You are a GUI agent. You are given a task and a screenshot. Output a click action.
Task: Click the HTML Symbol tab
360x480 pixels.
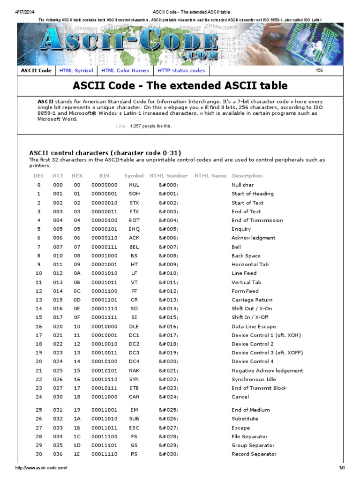point(76,71)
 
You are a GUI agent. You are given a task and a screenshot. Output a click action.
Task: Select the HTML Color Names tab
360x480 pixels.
point(125,71)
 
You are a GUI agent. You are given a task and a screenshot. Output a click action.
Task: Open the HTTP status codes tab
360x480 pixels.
point(181,71)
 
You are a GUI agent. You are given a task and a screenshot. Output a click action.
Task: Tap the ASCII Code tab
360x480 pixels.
point(36,71)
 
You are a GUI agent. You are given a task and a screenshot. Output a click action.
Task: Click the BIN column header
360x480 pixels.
point(104,176)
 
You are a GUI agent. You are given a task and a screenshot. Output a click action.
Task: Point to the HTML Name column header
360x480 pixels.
point(210,176)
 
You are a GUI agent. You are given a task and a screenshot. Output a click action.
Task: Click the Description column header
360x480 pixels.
point(247,176)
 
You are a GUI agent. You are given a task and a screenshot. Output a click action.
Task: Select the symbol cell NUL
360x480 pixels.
point(134,185)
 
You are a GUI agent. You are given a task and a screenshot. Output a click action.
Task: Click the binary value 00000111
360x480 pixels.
point(104,247)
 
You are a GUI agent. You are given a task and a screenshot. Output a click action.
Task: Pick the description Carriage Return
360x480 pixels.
point(252,300)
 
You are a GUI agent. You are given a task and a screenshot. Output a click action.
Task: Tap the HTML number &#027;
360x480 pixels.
point(168,428)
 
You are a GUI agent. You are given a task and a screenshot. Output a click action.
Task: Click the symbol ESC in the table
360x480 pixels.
point(134,428)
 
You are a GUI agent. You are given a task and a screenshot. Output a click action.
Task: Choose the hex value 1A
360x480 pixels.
point(77,419)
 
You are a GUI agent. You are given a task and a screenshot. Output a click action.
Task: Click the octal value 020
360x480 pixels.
point(58,327)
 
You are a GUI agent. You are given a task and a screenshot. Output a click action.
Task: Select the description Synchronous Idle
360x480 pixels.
point(254,380)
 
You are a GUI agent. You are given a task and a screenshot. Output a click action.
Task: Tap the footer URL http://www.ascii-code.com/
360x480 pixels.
point(41,468)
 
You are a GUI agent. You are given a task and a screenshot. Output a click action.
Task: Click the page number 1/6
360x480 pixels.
point(342,468)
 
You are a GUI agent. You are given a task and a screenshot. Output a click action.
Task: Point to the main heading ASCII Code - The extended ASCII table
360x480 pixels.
point(180,86)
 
